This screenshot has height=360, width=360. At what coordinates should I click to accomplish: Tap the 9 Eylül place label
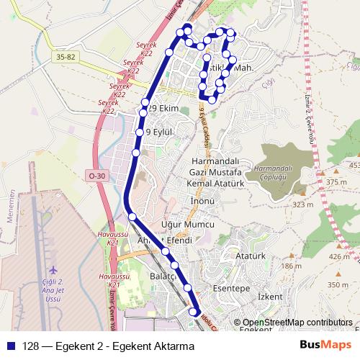tap(160, 132)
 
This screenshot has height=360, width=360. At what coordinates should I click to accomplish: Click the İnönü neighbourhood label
tap(203, 202)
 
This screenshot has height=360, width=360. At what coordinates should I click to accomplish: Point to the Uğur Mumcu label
tap(190, 225)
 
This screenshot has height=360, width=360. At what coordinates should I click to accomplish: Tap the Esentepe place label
tap(231, 288)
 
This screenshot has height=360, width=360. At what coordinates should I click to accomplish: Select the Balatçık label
tap(163, 276)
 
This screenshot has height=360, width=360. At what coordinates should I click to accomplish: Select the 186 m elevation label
tap(291, 266)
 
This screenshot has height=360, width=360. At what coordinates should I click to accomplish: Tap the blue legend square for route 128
tap(11, 346)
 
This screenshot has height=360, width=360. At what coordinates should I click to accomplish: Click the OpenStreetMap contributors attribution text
tap(297, 323)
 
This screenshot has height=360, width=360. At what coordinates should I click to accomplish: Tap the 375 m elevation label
tap(336, 183)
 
